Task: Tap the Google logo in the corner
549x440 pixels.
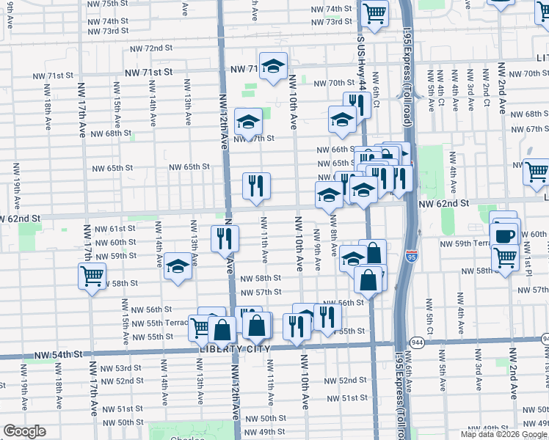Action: click(x=24, y=431)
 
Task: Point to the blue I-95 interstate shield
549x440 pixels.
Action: click(x=412, y=257)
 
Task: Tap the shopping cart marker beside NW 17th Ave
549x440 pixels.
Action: click(x=91, y=276)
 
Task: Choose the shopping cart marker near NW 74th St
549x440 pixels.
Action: click(x=375, y=13)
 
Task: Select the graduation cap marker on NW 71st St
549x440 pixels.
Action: click(x=272, y=67)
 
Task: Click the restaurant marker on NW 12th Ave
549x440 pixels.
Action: click(x=225, y=238)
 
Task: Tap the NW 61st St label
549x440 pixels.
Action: click(x=116, y=228)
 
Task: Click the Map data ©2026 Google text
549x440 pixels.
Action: click(x=503, y=434)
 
